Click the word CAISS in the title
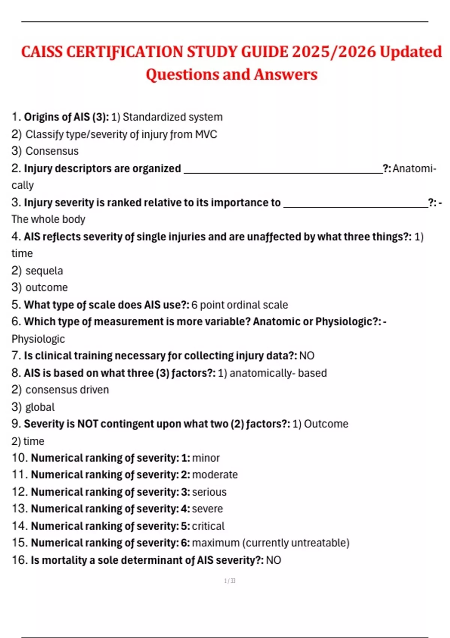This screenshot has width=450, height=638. [42, 52]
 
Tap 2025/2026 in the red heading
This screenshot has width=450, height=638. [334, 52]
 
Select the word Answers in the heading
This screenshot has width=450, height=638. [285, 74]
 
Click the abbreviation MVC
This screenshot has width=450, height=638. [206, 134]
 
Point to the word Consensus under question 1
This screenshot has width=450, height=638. [52, 151]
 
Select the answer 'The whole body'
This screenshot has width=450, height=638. [48, 219]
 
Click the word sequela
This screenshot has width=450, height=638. [44, 271]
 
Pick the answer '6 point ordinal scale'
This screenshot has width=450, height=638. [240, 305]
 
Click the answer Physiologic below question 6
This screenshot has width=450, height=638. [38, 339]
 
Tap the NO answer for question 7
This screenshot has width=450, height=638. [307, 356]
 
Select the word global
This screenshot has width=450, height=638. [40, 407]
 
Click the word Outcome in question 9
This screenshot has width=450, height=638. [326, 424]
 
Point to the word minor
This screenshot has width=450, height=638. [206, 458]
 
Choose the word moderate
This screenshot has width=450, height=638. [215, 475]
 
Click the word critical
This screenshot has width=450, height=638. [208, 526]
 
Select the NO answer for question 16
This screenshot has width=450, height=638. [273, 560]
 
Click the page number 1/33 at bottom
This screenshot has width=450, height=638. [229, 581]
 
